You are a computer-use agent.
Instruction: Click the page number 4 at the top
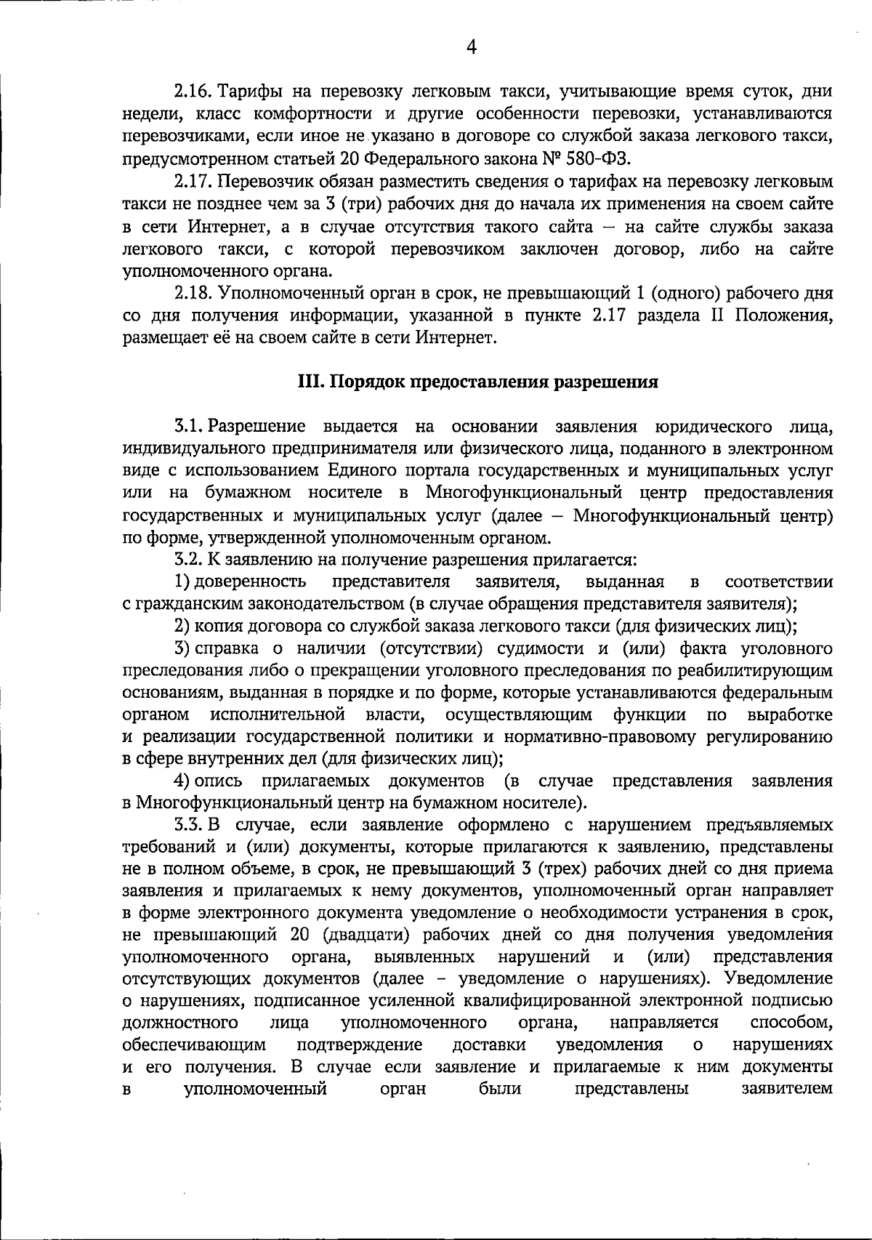[471, 48]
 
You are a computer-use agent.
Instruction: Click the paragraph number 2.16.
[192, 92]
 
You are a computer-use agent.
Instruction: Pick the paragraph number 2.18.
[192, 294]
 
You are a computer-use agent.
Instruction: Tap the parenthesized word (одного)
[683, 294]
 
